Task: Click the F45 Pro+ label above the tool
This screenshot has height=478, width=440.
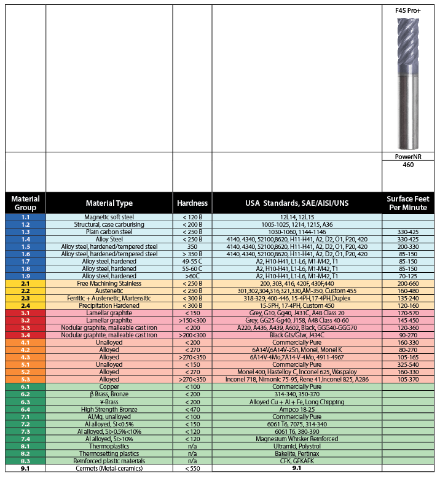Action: pyautogui.click(x=407, y=11)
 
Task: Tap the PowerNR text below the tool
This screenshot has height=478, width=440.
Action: pyautogui.click(x=408, y=157)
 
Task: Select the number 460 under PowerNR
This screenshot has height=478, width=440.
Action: pyautogui.click(x=408, y=165)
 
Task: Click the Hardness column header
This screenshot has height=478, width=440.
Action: pyautogui.click(x=192, y=203)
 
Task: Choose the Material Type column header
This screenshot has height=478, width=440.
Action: pyautogui.click(x=109, y=203)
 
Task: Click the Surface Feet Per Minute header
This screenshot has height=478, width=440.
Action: pyautogui.click(x=408, y=203)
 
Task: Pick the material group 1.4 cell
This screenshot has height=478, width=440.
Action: pyautogui.click(x=25, y=239)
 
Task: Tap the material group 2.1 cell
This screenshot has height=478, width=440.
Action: pyautogui.click(x=25, y=283)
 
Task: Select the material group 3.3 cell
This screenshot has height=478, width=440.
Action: pyautogui.click(x=25, y=327)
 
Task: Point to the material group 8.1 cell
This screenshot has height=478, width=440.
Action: pyautogui.click(x=25, y=447)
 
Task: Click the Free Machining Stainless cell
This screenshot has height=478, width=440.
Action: pyautogui.click(x=109, y=283)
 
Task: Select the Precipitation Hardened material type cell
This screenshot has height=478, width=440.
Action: pyautogui.click(x=109, y=305)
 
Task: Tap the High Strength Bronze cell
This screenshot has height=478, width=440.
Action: pyautogui.click(x=109, y=409)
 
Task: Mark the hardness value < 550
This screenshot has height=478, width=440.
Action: pyautogui.click(x=192, y=469)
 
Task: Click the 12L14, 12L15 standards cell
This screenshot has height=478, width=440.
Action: pyautogui.click(x=296, y=217)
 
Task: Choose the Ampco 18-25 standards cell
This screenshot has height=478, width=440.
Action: pyautogui.click(x=296, y=409)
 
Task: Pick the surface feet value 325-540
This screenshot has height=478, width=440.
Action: pyautogui.click(x=408, y=364)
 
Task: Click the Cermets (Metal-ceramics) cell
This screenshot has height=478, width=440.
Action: pyautogui.click(x=109, y=469)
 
